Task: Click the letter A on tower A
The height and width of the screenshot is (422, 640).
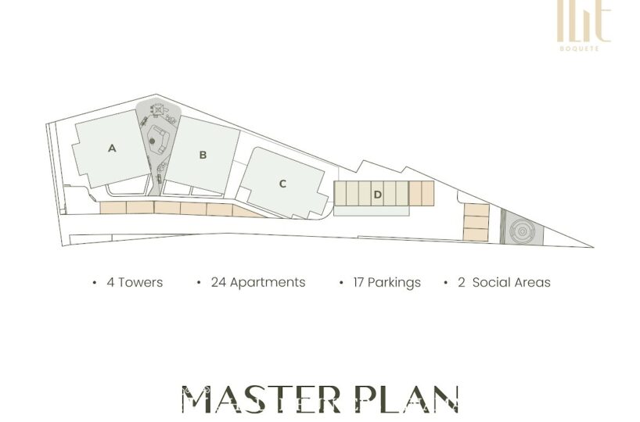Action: [x=112, y=148]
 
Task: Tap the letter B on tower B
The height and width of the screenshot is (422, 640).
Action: [x=203, y=155]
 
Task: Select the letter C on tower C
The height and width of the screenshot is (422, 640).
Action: [x=282, y=184]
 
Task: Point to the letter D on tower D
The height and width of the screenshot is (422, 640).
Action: [x=378, y=195]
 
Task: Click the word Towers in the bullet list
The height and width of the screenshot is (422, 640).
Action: [x=140, y=282]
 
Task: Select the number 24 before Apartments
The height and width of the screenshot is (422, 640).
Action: [x=218, y=282]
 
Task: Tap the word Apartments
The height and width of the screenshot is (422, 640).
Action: [x=268, y=283]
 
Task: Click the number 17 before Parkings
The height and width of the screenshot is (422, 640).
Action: [x=358, y=282]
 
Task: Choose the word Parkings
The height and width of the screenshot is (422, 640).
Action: [x=394, y=283]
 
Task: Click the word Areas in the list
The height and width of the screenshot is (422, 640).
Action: [x=532, y=282]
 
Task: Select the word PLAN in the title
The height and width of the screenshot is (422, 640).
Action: [x=408, y=399]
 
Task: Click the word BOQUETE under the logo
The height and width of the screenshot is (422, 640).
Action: [x=580, y=48]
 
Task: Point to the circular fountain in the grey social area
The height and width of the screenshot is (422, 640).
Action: [x=522, y=231]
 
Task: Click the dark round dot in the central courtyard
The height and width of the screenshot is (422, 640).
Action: [x=153, y=141]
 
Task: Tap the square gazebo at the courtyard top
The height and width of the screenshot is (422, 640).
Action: [x=157, y=109]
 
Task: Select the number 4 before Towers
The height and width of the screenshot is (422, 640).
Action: [x=110, y=282]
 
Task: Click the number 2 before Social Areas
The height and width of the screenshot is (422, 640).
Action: [x=462, y=282]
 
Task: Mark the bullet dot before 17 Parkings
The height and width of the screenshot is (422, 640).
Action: [x=341, y=283]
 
